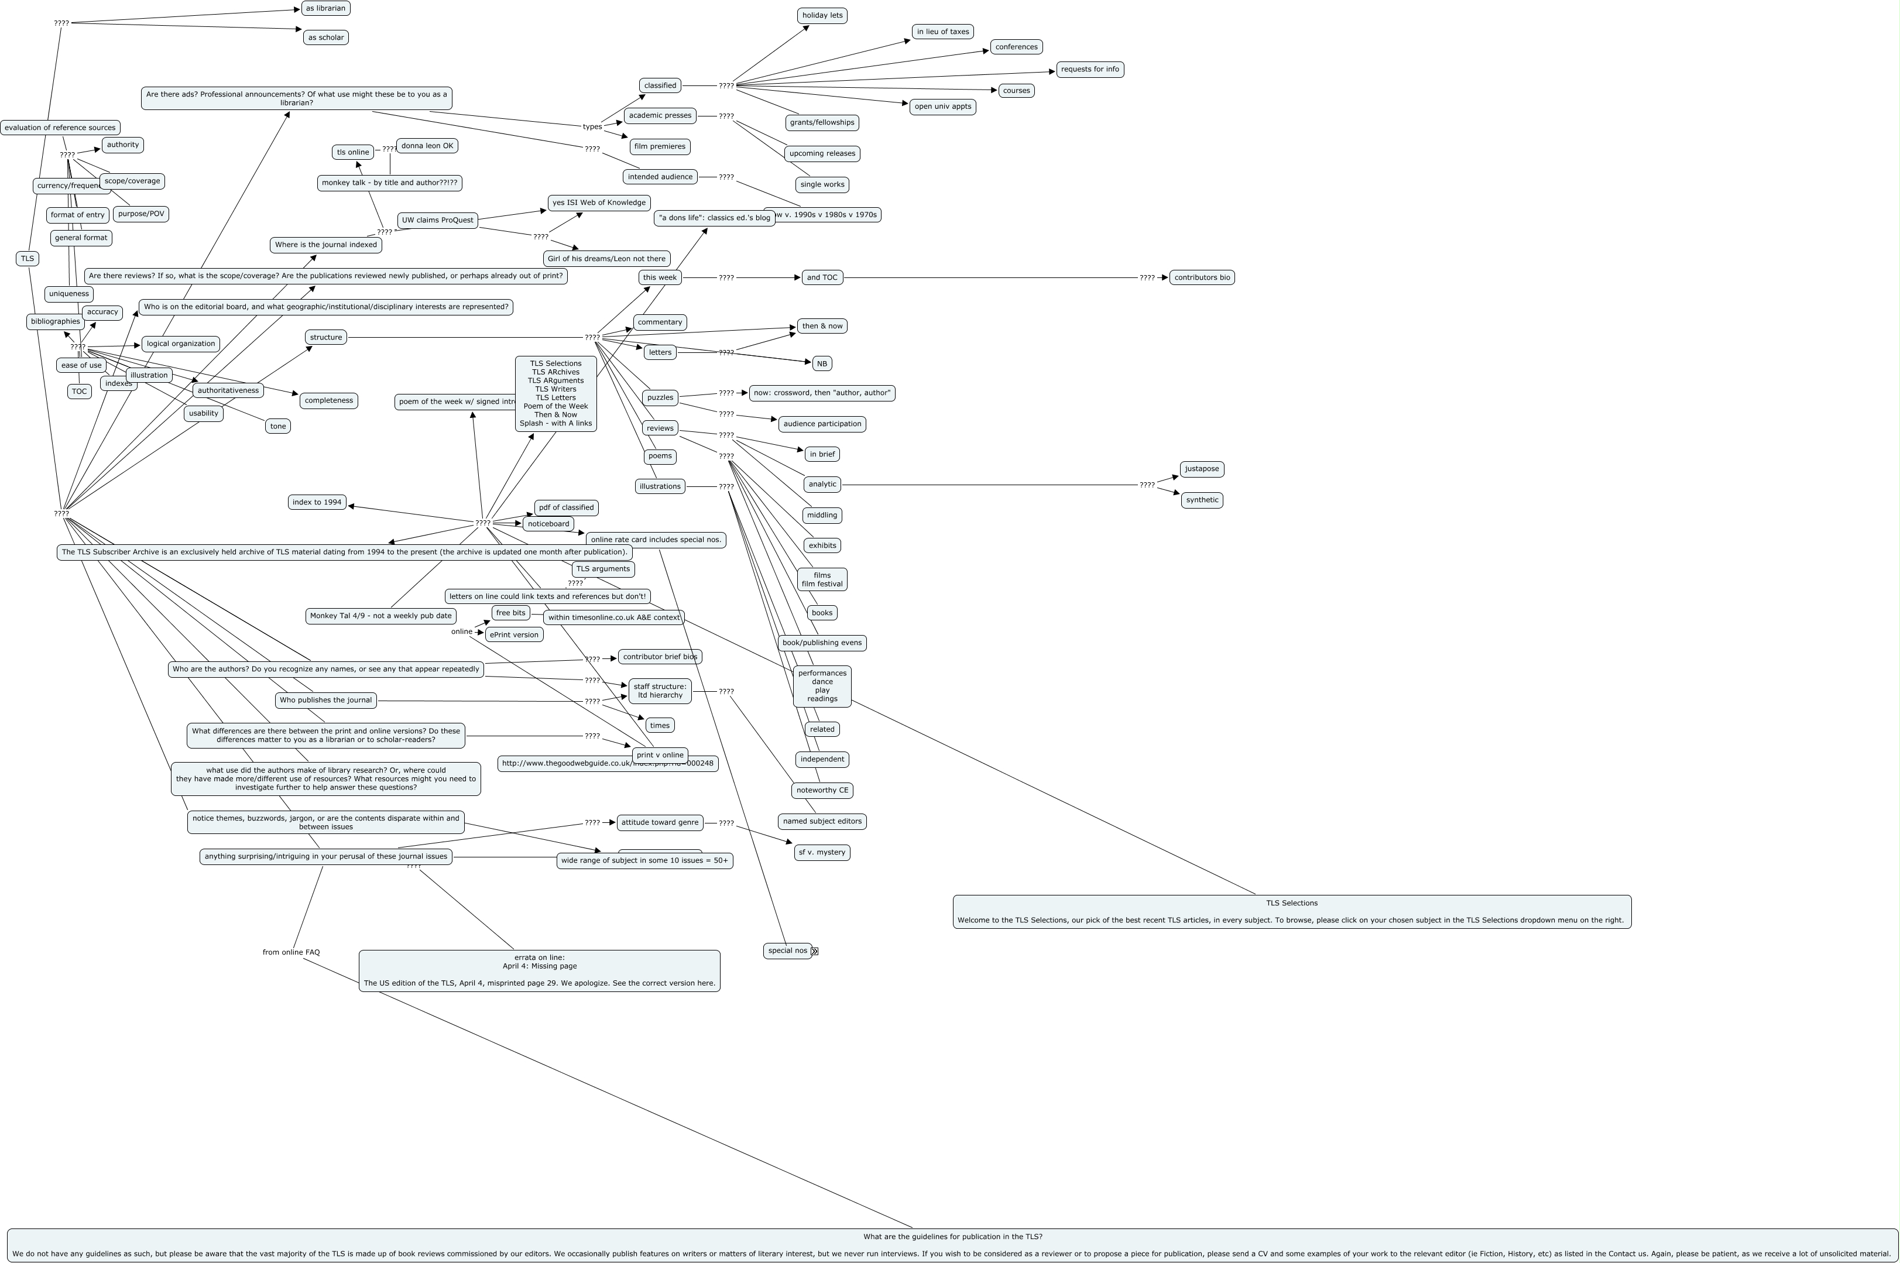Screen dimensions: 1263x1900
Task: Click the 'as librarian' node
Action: pos(325,9)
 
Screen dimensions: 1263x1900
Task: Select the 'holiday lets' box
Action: pos(822,15)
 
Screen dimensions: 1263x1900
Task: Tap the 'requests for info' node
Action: pos(1089,69)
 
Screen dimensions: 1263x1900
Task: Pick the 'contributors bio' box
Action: pos(1202,277)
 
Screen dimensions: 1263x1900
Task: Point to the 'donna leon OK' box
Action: pos(427,146)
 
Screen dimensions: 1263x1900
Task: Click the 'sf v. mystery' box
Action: pos(822,852)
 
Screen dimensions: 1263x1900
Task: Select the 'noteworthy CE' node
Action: pos(822,790)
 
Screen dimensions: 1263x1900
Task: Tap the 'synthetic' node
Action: pos(1202,500)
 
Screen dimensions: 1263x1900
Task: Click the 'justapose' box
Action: pos(1202,469)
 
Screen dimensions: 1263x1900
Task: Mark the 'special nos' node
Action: pos(787,950)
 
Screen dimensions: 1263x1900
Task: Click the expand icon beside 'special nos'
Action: pos(814,951)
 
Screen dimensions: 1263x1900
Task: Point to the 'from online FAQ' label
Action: pos(291,952)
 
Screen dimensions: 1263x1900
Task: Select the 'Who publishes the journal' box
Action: pos(325,700)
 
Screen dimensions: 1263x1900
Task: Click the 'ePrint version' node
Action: pos(514,635)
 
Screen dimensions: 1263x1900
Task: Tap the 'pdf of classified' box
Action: pos(565,507)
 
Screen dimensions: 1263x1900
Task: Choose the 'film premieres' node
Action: pos(660,146)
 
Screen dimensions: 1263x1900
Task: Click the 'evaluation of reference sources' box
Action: pos(60,127)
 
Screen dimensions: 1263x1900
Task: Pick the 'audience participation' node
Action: pos(822,424)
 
